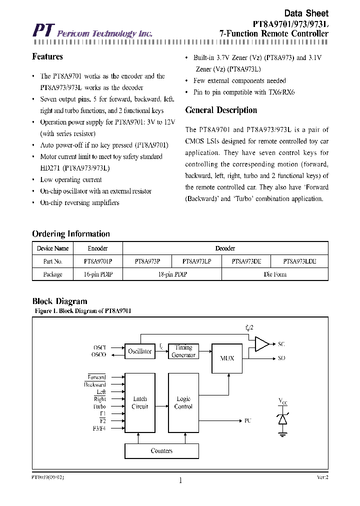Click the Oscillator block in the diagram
[x=140, y=351]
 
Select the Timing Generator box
[x=183, y=351]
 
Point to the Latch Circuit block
[x=140, y=402]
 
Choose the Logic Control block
[x=183, y=402]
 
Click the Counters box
[x=161, y=451]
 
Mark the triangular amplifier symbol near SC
[x=261, y=344]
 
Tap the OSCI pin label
[x=99, y=347]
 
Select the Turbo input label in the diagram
[x=99, y=406]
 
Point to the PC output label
[x=248, y=420]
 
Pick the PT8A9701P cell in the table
[x=97, y=261]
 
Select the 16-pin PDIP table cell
[x=97, y=274]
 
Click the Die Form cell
[x=275, y=274]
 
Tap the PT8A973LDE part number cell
[x=299, y=261]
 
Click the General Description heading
[x=221, y=110]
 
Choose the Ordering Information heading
[x=71, y=234]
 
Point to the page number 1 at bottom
[x=180, y=481]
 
